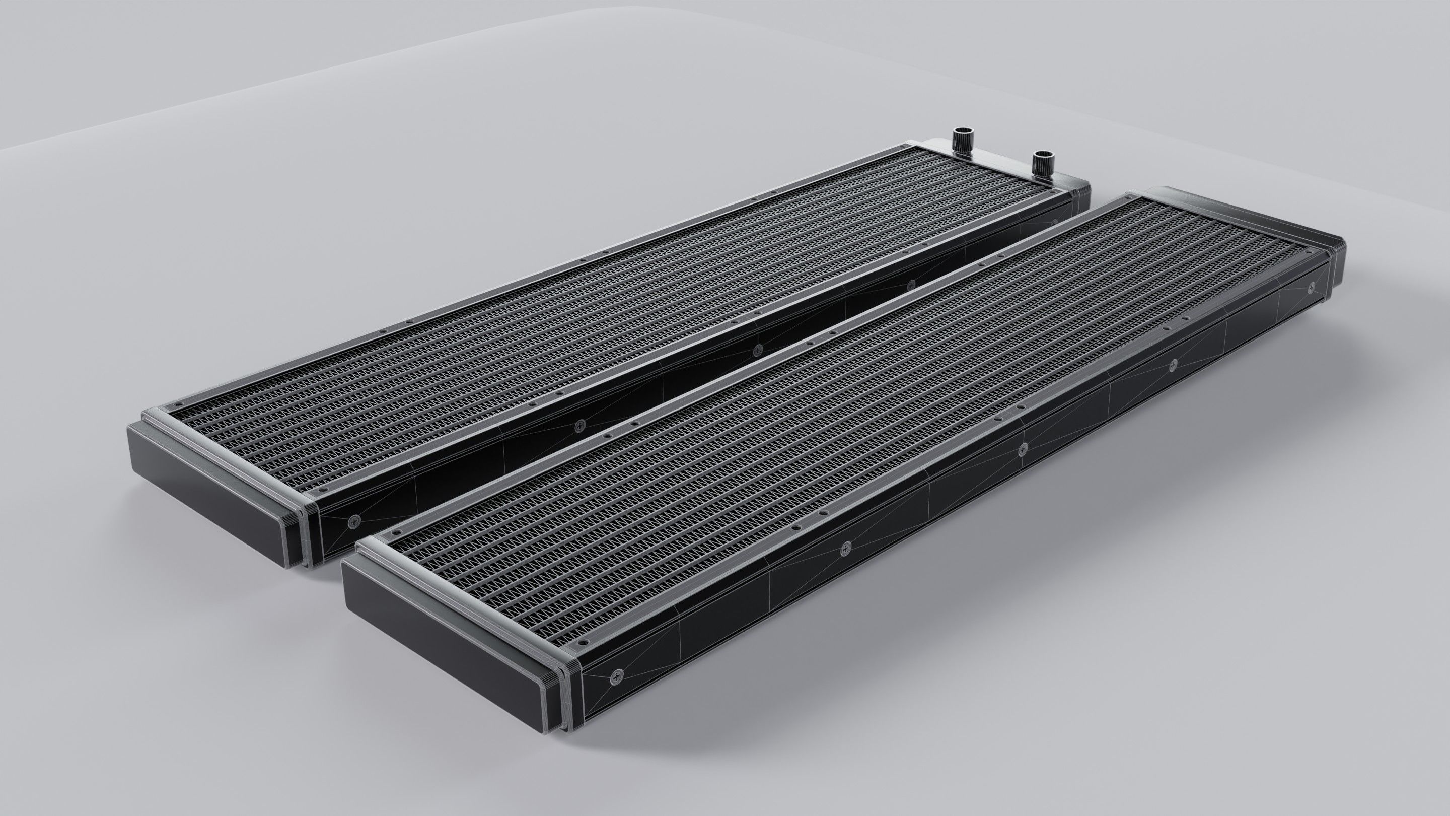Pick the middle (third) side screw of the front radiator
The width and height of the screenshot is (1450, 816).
point(1023,449)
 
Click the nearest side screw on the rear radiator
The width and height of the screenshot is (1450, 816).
point(354,521)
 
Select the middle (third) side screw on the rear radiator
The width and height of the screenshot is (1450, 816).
point(756,352)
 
